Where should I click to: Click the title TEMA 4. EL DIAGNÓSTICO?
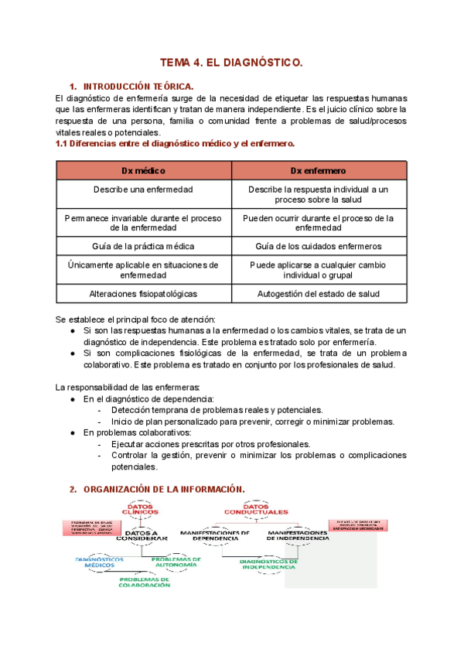click(x=231, y=61)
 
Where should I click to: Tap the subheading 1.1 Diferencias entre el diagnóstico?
click(x=176, y=144)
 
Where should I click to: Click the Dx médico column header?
click(x=144, y=170)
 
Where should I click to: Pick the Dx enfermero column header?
click(x=319, y=170)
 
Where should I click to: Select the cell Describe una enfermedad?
click(x=144, y=190)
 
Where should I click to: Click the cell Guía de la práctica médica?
click(x=144, y=246)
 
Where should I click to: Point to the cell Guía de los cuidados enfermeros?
click(x=319, y=246)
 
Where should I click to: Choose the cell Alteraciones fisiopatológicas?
click(x=144, y=294)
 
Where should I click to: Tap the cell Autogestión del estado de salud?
click(x=319, y=294)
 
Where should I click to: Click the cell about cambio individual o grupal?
click(x=319, y=270)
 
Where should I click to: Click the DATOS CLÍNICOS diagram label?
click(x=140, y=510)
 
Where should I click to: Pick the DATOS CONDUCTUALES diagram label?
click(x=256, y=510)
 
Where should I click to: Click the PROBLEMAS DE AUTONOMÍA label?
click(x=176, y=562)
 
